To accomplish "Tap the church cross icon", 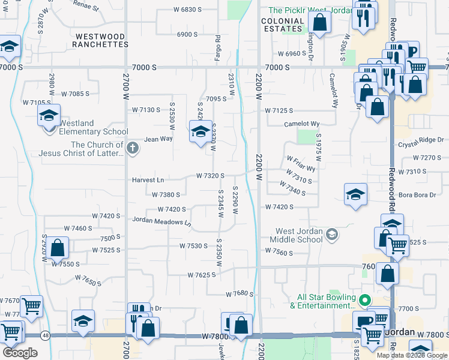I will point(133,147).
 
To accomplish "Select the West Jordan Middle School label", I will point(299,235).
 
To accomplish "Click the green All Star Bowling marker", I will point(364,298).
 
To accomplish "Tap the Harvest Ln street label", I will point(148,180).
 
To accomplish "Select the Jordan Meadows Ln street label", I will point(161,221).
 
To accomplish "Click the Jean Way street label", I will point(158,139).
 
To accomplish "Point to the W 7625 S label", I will point(197,274).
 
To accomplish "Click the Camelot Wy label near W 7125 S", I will point(301,124).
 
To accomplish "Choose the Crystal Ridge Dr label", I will point(420,145).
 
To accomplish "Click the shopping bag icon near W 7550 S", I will point(58,247).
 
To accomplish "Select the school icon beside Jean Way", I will point(200,131).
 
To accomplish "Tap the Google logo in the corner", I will point(20,353).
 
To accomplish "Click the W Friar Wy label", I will point(301,164).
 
